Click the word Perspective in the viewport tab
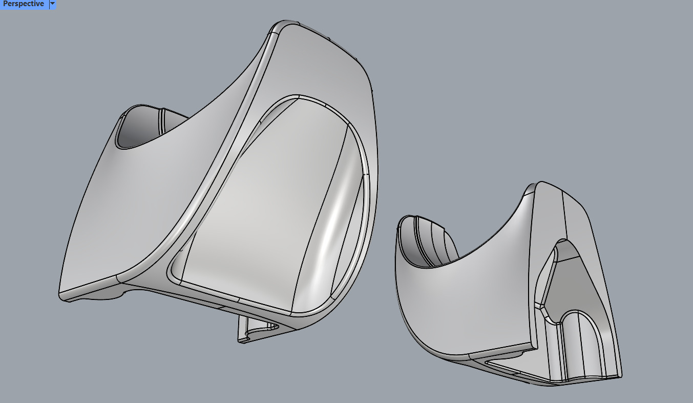point(24,4)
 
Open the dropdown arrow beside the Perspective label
point(52,4)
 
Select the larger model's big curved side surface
point(154,205)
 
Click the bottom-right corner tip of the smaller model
point(620,376)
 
